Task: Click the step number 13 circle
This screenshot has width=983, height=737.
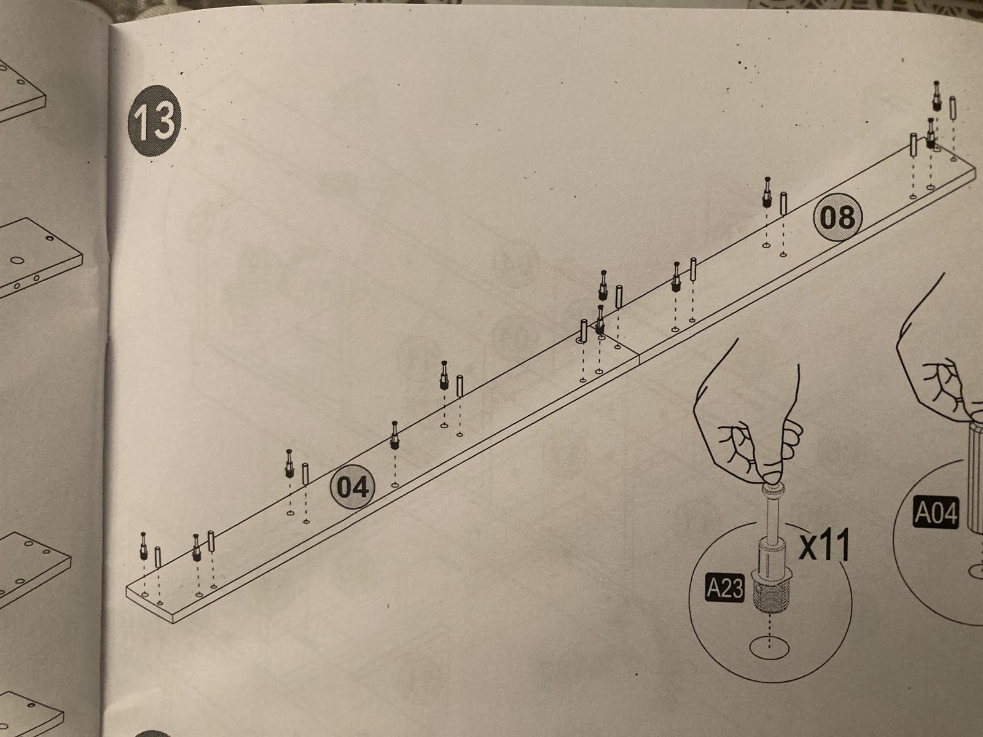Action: [154, 121]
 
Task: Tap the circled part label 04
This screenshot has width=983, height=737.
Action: [353, 487]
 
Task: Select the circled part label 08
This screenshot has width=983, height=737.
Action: [837, 217]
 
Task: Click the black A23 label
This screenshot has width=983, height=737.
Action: [724, 588]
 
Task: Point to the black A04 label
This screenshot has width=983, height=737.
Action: [936, 513]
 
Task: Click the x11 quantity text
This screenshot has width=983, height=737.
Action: [824, 545]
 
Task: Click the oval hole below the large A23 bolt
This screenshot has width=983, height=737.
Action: [769, 649]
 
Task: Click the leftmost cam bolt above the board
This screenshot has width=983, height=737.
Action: [144, 546]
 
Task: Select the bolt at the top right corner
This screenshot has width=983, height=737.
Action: [936, 96]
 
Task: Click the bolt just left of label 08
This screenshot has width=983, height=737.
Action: [767, 192]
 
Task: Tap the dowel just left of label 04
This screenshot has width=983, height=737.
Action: [305, 474]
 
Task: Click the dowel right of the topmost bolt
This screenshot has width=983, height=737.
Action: [953, 108]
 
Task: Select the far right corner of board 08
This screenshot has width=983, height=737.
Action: [975, 169]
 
